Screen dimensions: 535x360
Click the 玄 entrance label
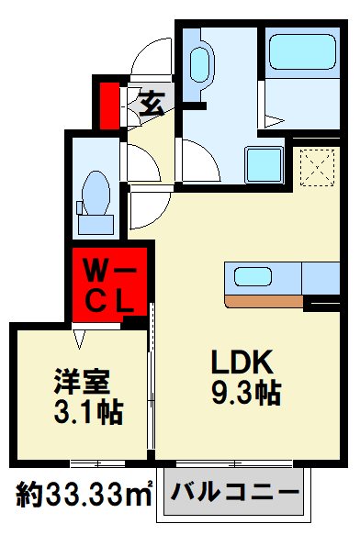coord(153,101)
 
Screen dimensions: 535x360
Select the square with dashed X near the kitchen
coord(316,167)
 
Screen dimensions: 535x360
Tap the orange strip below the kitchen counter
coord(264,301)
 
